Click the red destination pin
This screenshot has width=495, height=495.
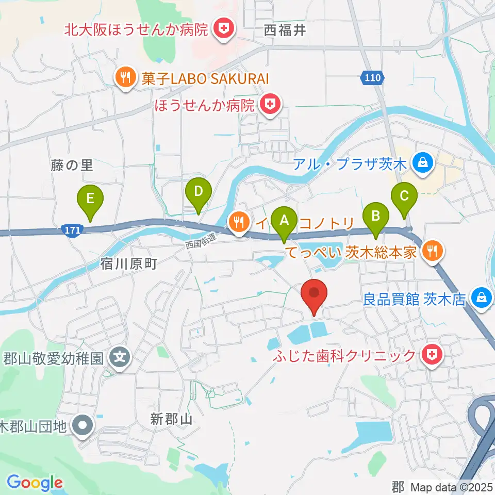pyautogui.click(x=315, y=295)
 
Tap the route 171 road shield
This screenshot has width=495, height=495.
pyautogui.click(x=73, y=230)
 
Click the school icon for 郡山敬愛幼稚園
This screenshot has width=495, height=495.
pyautogui.click(x=120, y=356)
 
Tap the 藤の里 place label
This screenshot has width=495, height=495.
pyautogui.click(x=72, y=165)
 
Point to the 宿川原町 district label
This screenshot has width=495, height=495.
pyautogui.click(x=128, y=265)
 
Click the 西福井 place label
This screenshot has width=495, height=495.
pyautogui.click(x=285, y=30)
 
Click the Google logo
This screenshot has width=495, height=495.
pyautogui.click(x=35, y=483)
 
